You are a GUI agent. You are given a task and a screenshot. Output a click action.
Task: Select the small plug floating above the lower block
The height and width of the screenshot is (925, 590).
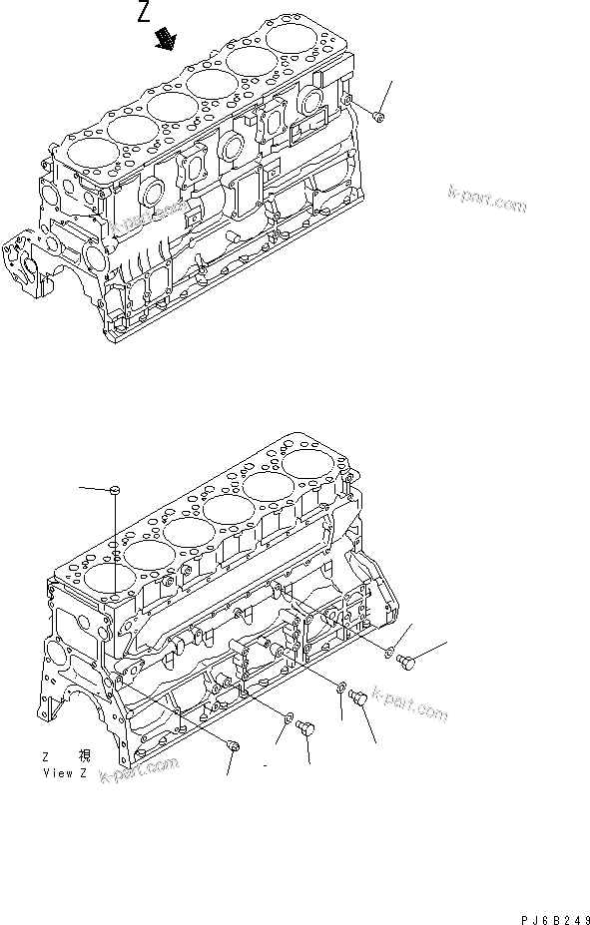tap(116, 489)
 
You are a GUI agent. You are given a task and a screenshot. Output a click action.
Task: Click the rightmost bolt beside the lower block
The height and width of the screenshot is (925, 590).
tap(406, 662)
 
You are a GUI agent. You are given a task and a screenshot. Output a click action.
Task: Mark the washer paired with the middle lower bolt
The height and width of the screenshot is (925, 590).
tap(341, 688)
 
